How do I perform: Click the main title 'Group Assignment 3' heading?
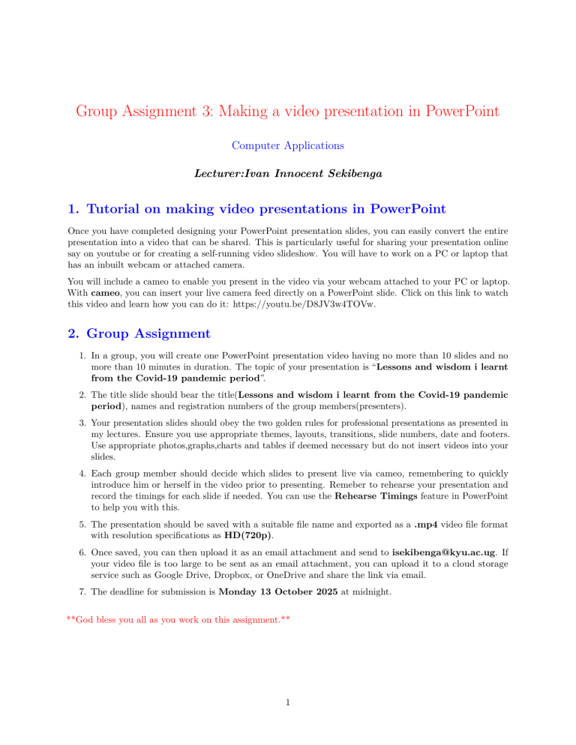pyautogui.click(x=288, y=112)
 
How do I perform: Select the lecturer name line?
pyautogui.click(x=288, y=172)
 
